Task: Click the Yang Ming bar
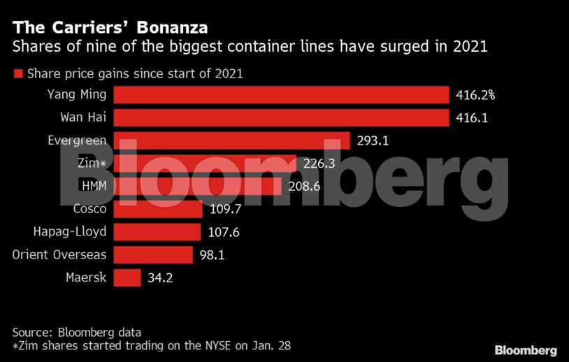281,95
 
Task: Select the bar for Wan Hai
281,118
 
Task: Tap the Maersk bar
127,277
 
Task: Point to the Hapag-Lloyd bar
157,231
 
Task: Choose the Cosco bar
158,209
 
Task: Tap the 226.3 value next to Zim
320,164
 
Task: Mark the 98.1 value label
212,254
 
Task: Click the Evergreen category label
77,140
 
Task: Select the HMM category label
94,186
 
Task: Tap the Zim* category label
92,164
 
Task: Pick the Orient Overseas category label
59,254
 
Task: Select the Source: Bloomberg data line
77,332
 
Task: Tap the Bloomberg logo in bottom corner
526,349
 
